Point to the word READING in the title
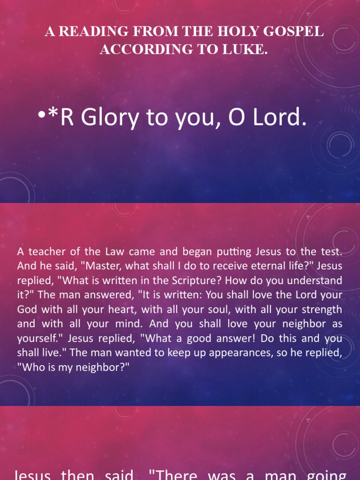[x=87, y=32]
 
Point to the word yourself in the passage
[x=36, y=338]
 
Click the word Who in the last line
[x=32, y=367]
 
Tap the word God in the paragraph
[x=26, y=309]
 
